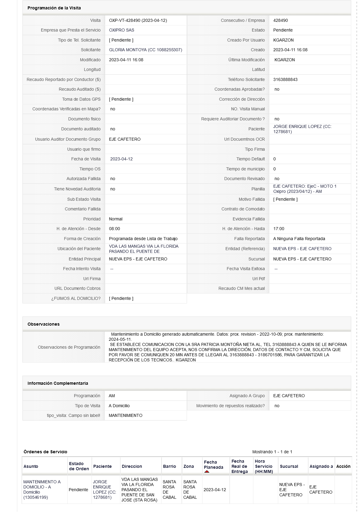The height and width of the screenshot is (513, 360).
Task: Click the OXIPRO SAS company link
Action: [x=122, y=30]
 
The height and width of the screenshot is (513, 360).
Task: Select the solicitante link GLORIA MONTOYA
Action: [x=145, y=50]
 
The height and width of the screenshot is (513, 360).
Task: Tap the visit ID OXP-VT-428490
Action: [x=138, y=20]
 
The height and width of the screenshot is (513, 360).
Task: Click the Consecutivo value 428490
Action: [x=280, y=20]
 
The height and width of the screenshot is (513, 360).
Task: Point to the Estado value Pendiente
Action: [x=283, y=30]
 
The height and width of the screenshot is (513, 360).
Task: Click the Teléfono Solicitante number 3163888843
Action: [x=285, y=79]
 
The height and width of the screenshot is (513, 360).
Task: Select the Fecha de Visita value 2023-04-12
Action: [x=121, y=159]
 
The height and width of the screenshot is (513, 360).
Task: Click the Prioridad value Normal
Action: [x=115, y=219]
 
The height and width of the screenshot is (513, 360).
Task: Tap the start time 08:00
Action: [x=114, y=229]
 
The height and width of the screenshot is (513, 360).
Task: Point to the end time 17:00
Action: [x=278, y=229]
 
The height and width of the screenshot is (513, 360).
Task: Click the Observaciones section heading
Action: [x=43, y=324]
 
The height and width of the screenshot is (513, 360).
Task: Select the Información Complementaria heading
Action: [x=58, y=383]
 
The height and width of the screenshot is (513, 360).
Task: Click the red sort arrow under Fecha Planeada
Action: [x=207, y=472]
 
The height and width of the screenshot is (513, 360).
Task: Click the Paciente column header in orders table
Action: [x=102, y=466]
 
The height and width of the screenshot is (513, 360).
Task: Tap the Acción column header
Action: [x=343, y=466]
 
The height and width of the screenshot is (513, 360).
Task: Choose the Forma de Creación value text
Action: [x=143, y=239]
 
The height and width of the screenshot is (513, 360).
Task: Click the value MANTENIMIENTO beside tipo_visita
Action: [x=125, y=415]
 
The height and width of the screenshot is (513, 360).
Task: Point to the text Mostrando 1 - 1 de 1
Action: [x=272, y=452]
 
